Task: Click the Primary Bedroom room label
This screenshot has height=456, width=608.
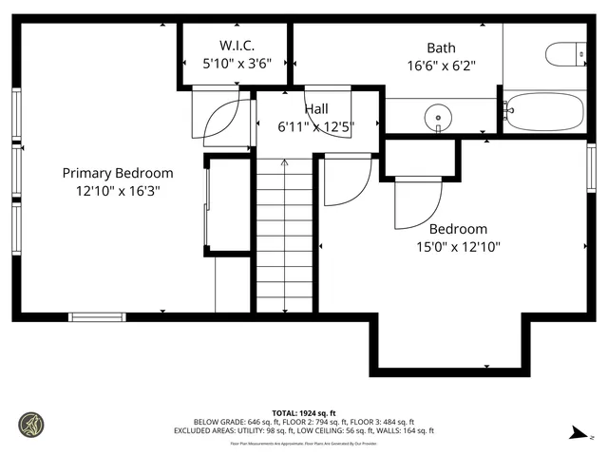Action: [118, 173]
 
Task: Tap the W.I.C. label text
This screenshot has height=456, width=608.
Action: [237, 45]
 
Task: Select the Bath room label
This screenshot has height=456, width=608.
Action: [441, 47]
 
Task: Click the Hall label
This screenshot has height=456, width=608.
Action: [316, 109]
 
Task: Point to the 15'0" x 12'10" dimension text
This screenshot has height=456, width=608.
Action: [457, 247]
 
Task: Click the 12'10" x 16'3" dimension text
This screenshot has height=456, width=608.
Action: [118, 190]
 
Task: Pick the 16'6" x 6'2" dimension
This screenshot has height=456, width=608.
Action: [441, 66]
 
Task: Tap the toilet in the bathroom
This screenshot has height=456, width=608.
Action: [569, 54]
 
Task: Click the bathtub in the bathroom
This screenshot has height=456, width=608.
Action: [543, 112]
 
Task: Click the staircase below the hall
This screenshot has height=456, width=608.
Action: [285, 237]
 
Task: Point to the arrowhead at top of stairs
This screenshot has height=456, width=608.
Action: [285, 164]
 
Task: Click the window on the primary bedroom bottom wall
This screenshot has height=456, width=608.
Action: [97, 316]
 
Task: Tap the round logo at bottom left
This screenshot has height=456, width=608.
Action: [31, 424]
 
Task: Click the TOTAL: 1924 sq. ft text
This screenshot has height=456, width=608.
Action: [303, 413]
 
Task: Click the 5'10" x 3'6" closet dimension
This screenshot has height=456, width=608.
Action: [237, 64]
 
